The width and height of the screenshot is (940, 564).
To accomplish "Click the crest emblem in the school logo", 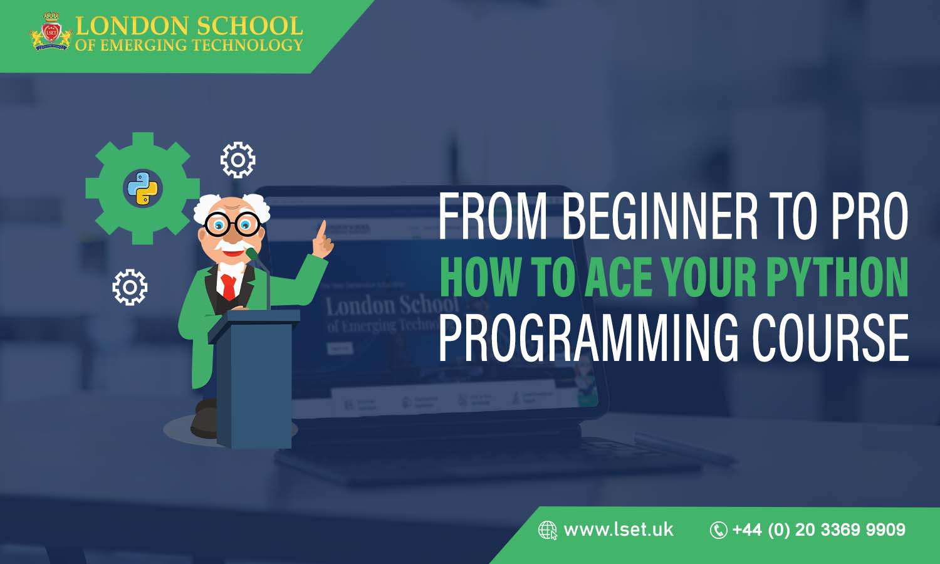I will click(51, 32).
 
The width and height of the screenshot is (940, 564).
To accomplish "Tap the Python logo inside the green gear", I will click(142, 188).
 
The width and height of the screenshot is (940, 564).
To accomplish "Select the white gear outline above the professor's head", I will click(238, 160).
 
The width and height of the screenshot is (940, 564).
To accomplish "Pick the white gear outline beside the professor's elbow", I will click(130, 287).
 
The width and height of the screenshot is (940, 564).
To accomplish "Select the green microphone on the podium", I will click(252, 254).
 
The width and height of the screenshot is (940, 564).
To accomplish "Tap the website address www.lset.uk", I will click(618, 530).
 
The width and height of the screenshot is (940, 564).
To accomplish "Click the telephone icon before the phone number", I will click(718, 530).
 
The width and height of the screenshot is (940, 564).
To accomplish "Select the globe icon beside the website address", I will click(547, 530).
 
